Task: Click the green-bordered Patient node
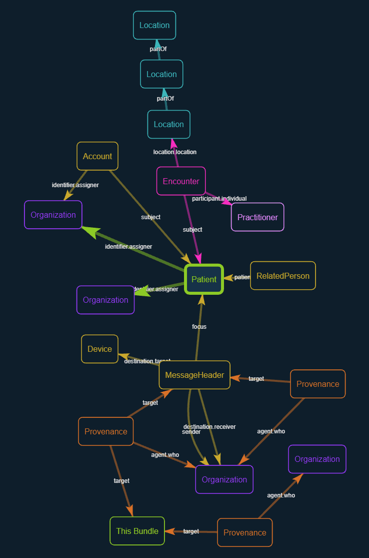coord(204,279)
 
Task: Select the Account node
coord(97,156)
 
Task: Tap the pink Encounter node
coord(181,181)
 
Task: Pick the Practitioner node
coord(257,217)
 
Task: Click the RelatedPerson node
coord(283,276)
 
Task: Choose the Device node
coord(99,349)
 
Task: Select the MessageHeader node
coord(194,375)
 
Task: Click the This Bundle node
coord(137,531)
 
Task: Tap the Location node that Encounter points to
coord(168,124)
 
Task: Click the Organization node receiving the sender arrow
coord(224,479)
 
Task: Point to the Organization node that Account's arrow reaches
coord(53,215)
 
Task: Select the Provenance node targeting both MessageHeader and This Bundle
coord(106,431)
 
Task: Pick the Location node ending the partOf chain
coord(154,25)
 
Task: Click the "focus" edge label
coord(199,327)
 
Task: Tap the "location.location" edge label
coord(174,152)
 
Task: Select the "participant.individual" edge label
coord(219,199)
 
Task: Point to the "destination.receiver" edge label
coord(209,426)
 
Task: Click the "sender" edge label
coord(191,432)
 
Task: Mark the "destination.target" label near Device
coord(147,361)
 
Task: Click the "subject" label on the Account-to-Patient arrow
coord(150,217)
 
